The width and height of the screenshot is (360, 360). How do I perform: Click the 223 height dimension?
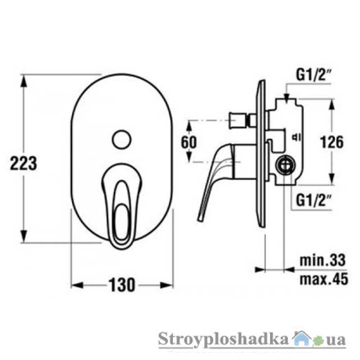pos(24,163)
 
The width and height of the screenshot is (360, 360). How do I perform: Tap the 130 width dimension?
pos(121,285)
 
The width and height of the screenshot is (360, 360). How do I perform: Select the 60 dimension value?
pos(189,142)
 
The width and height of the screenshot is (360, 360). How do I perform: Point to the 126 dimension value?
pos(332,142)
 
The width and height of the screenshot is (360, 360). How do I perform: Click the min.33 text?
pos(323,260)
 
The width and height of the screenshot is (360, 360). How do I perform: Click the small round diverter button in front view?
pos(121,139)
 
